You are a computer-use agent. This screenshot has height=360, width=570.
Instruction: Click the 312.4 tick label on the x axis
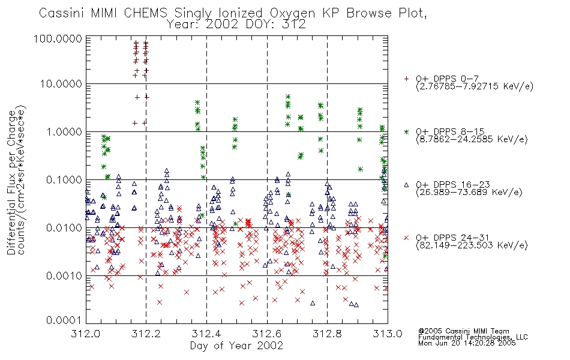(206, 334)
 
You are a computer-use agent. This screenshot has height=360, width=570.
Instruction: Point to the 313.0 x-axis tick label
(388, 334)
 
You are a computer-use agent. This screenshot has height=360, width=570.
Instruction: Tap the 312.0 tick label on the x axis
(86, 334)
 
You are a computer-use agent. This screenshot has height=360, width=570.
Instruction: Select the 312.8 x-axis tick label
(327, 334)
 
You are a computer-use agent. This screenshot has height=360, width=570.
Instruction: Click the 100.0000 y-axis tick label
(58, 38)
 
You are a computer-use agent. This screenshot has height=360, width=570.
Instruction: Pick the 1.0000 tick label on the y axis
(64, 131)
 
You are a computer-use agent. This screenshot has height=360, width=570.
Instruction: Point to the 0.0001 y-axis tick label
(64, 320)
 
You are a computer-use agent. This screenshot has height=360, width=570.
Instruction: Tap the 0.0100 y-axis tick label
(64, 228)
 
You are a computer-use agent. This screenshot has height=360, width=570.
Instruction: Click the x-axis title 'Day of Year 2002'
(236, 345)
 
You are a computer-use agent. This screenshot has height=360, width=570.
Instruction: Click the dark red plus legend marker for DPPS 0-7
(406, 78)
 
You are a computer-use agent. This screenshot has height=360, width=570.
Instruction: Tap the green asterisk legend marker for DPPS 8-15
(406, 131)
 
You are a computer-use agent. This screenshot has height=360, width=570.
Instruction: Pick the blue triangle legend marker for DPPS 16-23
(406, 185)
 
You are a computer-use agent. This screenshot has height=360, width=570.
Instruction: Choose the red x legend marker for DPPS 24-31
(406, 238)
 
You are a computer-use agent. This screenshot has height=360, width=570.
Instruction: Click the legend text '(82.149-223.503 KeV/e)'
(472, 245)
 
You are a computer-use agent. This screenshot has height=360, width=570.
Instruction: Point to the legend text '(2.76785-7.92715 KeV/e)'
(475, 86)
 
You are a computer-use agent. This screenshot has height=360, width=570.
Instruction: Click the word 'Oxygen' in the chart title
(293, 13)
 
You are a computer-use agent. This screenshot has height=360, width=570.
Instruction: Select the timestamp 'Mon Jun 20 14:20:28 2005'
(467, 343)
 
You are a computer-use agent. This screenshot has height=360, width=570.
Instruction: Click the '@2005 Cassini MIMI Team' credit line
(463, 331)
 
